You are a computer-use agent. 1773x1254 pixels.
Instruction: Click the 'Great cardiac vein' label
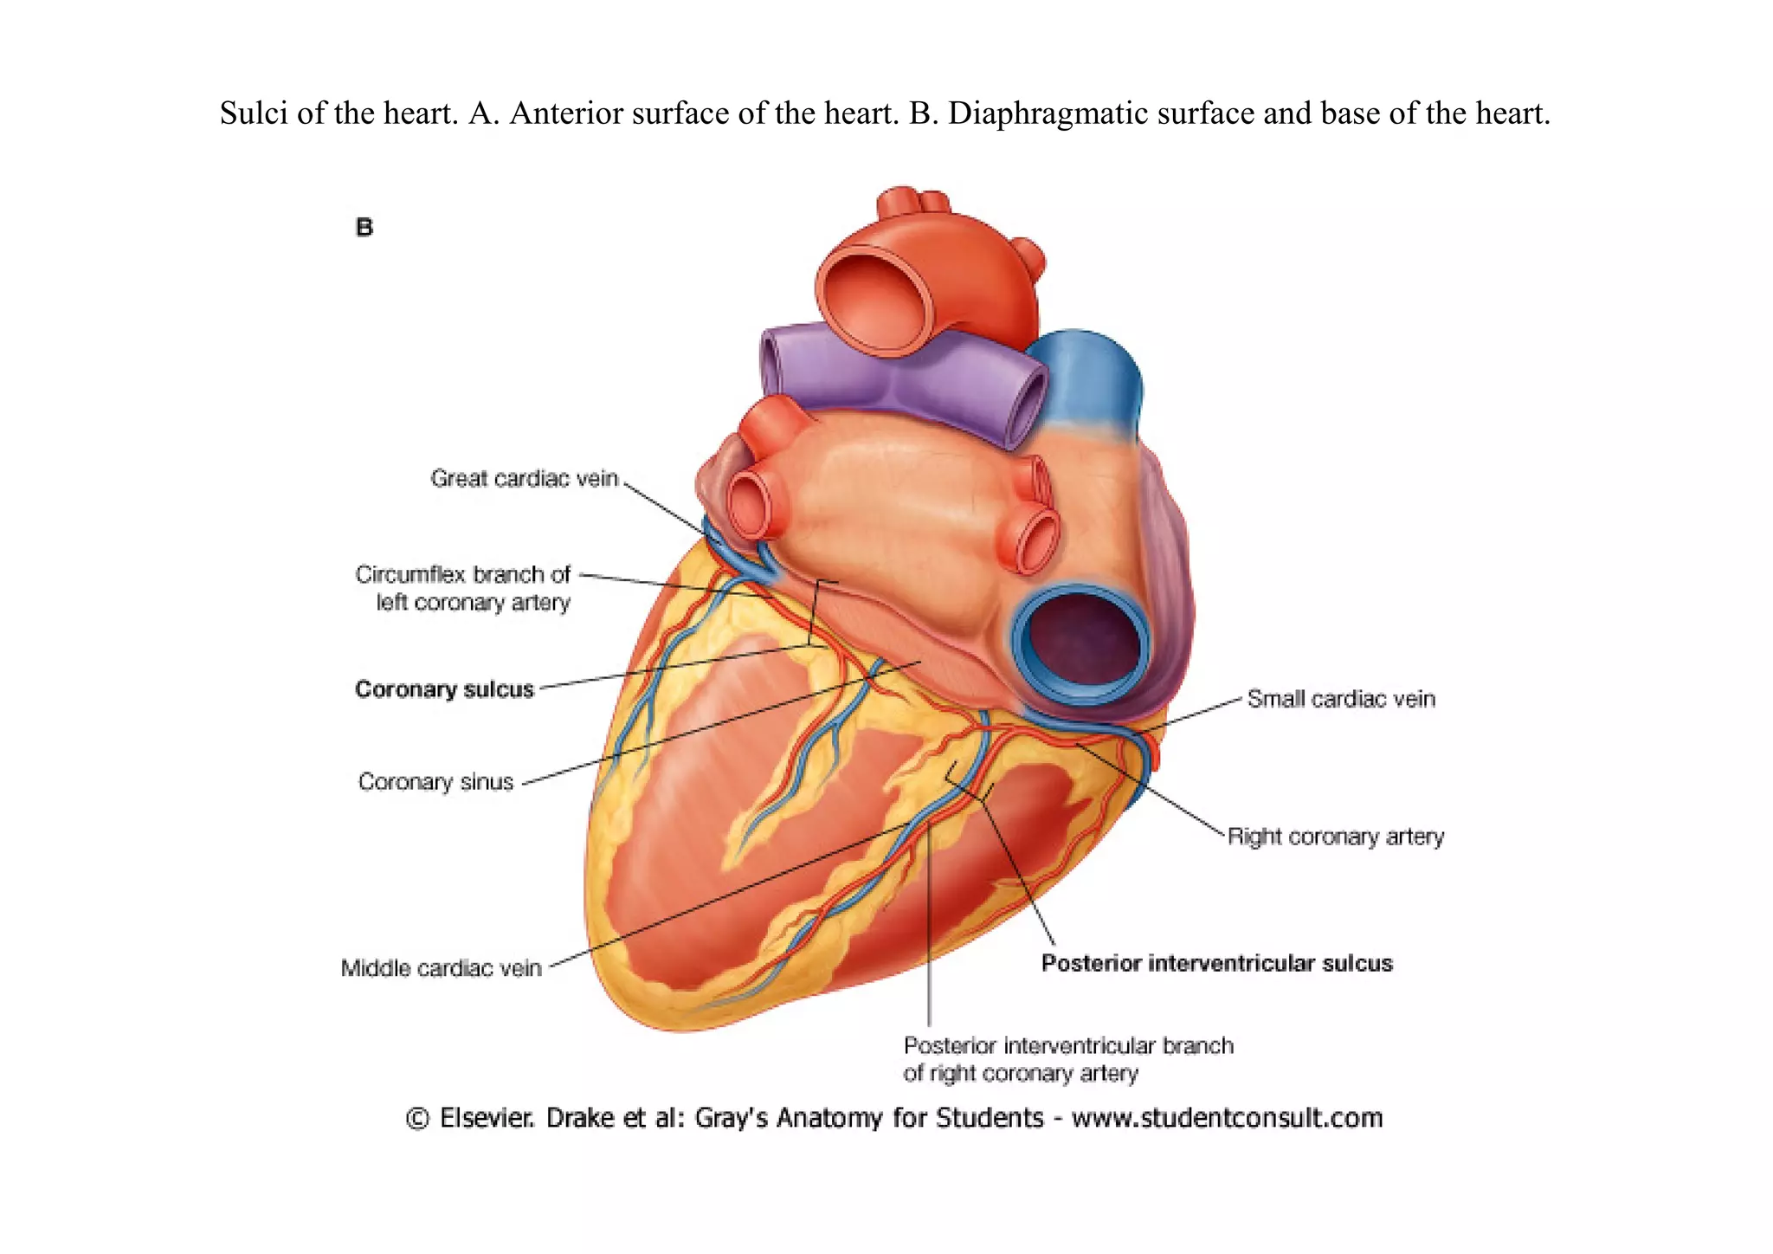(525, 478)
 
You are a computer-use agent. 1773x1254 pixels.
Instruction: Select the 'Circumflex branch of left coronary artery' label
(463, 588)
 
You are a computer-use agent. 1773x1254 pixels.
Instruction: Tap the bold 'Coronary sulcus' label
(444, 689)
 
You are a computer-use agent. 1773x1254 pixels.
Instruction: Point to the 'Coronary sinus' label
(435, 782)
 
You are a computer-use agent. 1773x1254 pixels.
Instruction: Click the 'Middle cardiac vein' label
(441, 968)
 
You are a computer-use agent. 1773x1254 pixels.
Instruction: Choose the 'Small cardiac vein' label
(1341, 699)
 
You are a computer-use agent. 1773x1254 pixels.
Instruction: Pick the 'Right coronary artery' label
(1336, 837)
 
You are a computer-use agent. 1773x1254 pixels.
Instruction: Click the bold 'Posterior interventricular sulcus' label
(1216, 963)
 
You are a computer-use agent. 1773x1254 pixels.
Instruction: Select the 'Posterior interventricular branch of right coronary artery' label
(1067, 1059)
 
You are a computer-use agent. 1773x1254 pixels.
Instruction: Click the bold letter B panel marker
(364, 228)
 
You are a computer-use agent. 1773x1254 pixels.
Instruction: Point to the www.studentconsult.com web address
(1227, 1118)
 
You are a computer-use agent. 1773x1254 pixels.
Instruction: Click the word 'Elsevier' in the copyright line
(487, 1118)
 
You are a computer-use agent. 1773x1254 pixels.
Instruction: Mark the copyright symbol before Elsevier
(417, 1119)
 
